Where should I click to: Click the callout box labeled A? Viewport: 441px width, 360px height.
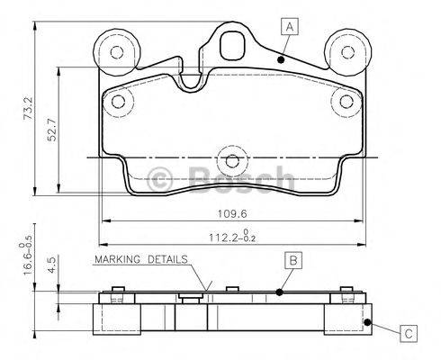(289, 26)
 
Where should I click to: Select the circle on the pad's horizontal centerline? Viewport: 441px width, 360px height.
(232, 162)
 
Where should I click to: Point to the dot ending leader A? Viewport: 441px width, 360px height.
(282, 59)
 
